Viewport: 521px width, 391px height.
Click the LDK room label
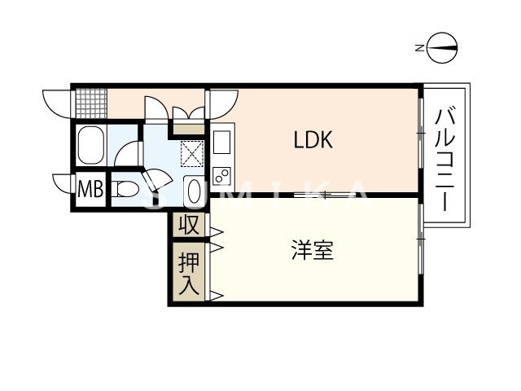pos(313,140)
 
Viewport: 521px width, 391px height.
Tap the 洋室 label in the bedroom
pos(313,251)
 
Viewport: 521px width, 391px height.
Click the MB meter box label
pos(90,190)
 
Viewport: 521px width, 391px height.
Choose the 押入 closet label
pos(189,273)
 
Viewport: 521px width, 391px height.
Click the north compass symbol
pos(440,48)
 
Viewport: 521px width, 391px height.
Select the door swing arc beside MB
pos(63,182)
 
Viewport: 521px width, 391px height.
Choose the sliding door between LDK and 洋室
pos(322,195)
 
